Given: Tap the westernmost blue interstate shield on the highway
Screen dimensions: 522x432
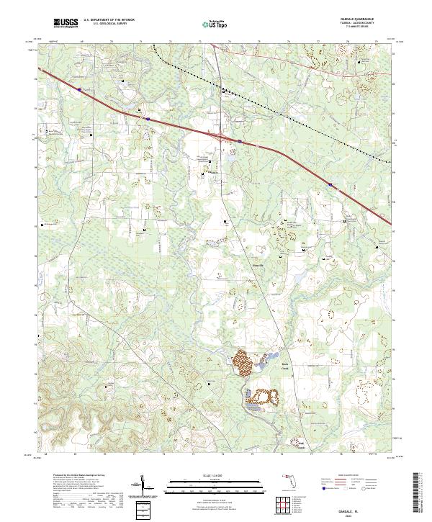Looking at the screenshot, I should pos(79,89).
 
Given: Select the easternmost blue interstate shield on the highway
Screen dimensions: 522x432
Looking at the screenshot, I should pos(330,184).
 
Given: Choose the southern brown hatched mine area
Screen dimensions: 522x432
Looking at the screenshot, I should pos(262,397).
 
